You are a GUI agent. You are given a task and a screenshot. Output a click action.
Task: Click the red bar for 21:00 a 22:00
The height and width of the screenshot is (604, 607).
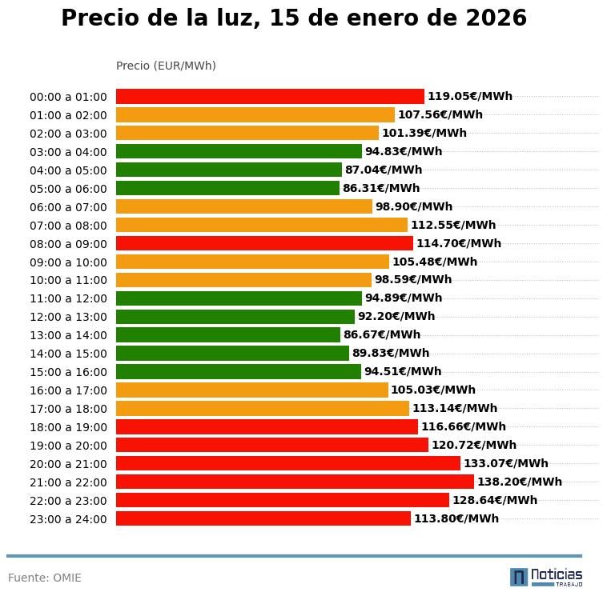tap(295, 482)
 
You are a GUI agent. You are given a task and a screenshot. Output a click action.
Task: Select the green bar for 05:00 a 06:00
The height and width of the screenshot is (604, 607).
tap(227, 188)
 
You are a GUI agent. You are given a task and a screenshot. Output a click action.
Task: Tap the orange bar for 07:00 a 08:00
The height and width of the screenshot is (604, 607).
tap(261, 225)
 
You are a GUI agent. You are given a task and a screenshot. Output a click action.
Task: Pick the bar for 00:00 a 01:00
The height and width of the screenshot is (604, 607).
tap(270, 96)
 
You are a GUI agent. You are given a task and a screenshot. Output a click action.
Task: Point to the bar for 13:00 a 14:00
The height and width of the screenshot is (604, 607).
tap(228, 334)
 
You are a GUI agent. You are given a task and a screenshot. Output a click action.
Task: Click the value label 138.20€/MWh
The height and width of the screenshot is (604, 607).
tap(519, 482)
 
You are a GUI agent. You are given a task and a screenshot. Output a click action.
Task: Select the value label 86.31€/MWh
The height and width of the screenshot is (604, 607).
tap(380, 188)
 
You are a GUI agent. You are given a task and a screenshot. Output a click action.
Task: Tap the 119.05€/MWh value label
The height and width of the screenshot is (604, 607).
tap(469, 96)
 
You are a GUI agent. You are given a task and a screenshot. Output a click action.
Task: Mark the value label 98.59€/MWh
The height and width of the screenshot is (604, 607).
tap(412, 280)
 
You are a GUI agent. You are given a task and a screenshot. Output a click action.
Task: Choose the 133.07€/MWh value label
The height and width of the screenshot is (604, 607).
tap(505, 463)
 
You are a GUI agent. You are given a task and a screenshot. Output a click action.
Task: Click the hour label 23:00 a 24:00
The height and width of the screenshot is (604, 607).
tap(68, 519)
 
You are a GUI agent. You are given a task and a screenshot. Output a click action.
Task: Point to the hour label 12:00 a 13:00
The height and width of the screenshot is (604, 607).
tap(68, 317)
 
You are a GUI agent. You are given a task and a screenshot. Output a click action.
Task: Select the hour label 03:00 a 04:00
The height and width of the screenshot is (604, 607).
tap(68, 152)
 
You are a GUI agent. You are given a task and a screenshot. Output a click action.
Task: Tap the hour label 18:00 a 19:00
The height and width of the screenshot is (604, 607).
tap(68, 427)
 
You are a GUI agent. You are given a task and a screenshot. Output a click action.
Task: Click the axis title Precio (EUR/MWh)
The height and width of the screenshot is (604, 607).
tap(166, 66)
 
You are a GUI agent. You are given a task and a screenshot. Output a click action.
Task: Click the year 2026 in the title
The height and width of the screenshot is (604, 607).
tap(490, 18)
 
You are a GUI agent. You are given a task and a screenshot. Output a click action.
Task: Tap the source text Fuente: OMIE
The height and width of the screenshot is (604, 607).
tap(45, 578)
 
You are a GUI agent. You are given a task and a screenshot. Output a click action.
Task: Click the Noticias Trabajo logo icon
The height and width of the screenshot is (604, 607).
tap(519, 577)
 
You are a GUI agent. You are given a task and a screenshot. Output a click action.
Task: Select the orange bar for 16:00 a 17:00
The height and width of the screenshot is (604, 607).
tap(251, 390)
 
